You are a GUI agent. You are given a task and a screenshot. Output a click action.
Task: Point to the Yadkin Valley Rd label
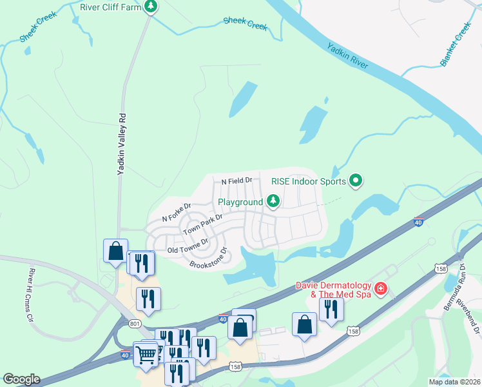click(x=120, y=144)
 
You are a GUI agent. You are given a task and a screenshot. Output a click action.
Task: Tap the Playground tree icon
click(x=273, y=202)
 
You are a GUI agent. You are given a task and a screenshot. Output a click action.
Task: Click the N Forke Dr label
click(x=177, y=213)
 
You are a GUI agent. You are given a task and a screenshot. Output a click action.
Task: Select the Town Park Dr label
click(x=202, y=224)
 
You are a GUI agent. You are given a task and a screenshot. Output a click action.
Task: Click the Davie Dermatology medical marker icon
click(x=381, y=288)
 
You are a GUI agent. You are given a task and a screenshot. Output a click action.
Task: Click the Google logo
click(x=21, y=379)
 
